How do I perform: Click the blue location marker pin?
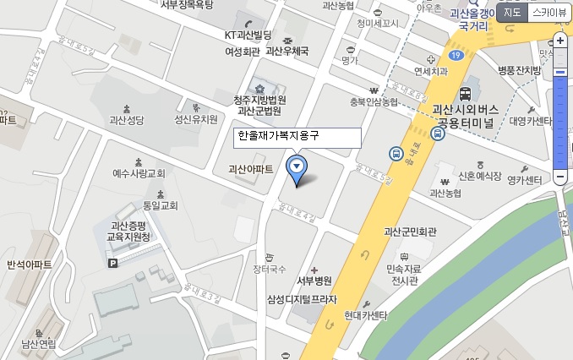tap(296, 167)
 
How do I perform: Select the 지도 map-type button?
tap(513, 12)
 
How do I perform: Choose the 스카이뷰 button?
tap(549, 12)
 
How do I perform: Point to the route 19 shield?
tap(456, 56)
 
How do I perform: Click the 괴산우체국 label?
tap(287, 51)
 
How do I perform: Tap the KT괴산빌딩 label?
tap(248, 35)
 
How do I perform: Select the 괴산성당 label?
tap(128, 120)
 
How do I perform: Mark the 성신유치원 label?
tap(195, 119)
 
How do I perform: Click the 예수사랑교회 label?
tap(139, 173)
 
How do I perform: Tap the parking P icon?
tap(113, 264)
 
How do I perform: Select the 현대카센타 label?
tap(366, 315)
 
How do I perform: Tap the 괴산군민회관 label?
tap(415, 231)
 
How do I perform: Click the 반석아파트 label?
tap(30, 265)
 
